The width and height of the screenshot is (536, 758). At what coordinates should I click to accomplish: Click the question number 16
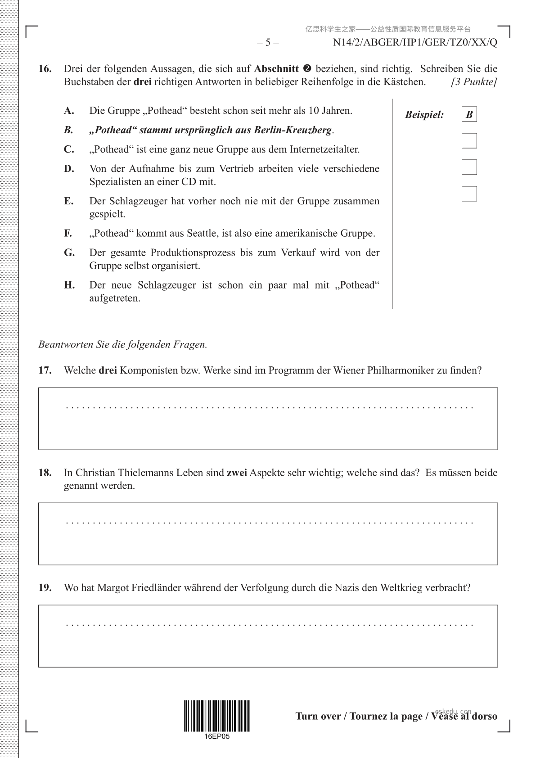45,69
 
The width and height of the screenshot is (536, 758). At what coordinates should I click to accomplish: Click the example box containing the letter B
469,115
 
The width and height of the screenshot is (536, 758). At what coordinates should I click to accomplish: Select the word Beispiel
424,115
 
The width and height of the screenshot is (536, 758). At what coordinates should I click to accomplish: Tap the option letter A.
68,111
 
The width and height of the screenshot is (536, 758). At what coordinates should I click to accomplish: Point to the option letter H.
69,285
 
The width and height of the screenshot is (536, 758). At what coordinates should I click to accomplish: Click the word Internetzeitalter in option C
324,149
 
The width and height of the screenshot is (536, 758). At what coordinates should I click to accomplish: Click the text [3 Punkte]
474,82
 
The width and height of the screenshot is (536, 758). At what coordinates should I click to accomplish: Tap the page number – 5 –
268,43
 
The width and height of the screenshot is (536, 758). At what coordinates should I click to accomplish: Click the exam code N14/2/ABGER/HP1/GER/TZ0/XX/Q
415,43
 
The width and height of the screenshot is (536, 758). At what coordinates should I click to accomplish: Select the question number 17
45,370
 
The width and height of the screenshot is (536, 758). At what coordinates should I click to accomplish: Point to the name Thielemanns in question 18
145,473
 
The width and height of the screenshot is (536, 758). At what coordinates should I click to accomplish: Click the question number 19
45,587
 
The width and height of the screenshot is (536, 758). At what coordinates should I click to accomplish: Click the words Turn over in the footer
318,716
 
